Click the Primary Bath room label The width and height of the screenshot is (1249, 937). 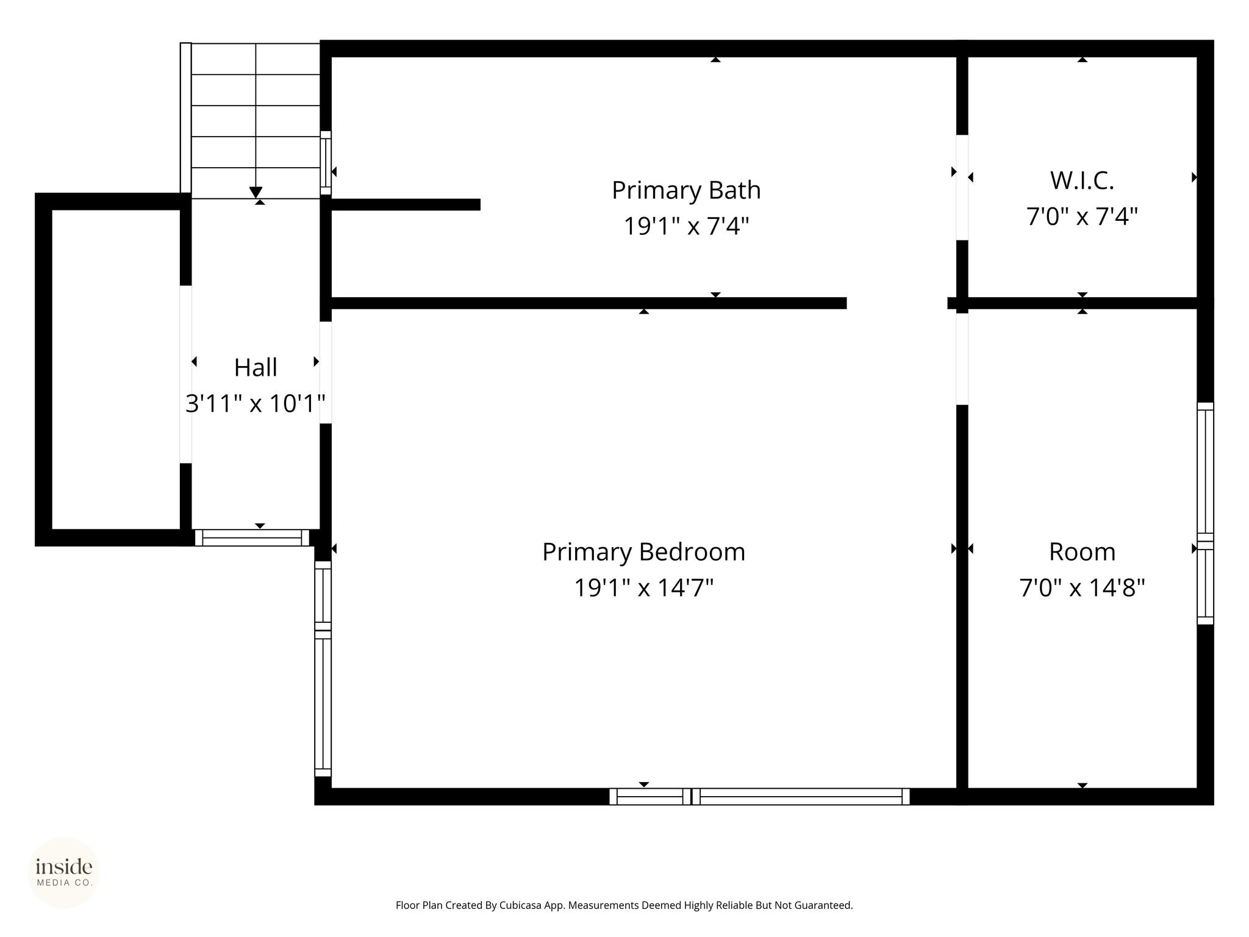pyautogui.click(x=686, y=190)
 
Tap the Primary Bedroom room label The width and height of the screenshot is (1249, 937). pyautogui.click(x=643, y=552)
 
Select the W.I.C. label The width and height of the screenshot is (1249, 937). pyautogui.click(x=1082, y=181)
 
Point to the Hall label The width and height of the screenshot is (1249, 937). pyautogui.click(x=256, y=368)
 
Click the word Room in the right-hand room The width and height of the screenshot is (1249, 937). pyautogui.click(x=1082, y=552)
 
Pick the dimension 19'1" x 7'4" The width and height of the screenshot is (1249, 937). pyautogui.click(x=686, y=226)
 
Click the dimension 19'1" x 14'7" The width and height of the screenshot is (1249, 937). pyautogui.click(x=643, y=588)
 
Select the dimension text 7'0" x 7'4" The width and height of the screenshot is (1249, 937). pyautogui.click(x=1082, y=217)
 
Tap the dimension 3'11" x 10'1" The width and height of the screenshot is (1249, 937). pyautogui.click(x=256, y=403)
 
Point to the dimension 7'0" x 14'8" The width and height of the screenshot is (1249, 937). pyautogui.click(x=1082, y=588)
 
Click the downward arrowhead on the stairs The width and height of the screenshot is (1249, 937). pyautogui.click(x=256, y=192)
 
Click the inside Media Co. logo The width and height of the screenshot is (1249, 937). pyautogui.click(x=64, y=872)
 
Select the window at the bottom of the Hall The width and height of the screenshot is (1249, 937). pyautogui.click(x=252, y=537)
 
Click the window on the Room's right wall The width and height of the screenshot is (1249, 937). pyautogui.click(x=1205, y=513)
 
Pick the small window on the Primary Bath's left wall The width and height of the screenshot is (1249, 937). pyautogui.click(x=326, y=163)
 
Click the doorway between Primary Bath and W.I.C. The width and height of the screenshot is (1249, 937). pyautogui.click(x=962, y=187)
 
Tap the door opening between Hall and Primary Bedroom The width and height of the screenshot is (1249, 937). pyautogui.click(x=326, y=373)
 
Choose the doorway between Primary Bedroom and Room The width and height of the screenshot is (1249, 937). pyautogui.click(x=962, y=359)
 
